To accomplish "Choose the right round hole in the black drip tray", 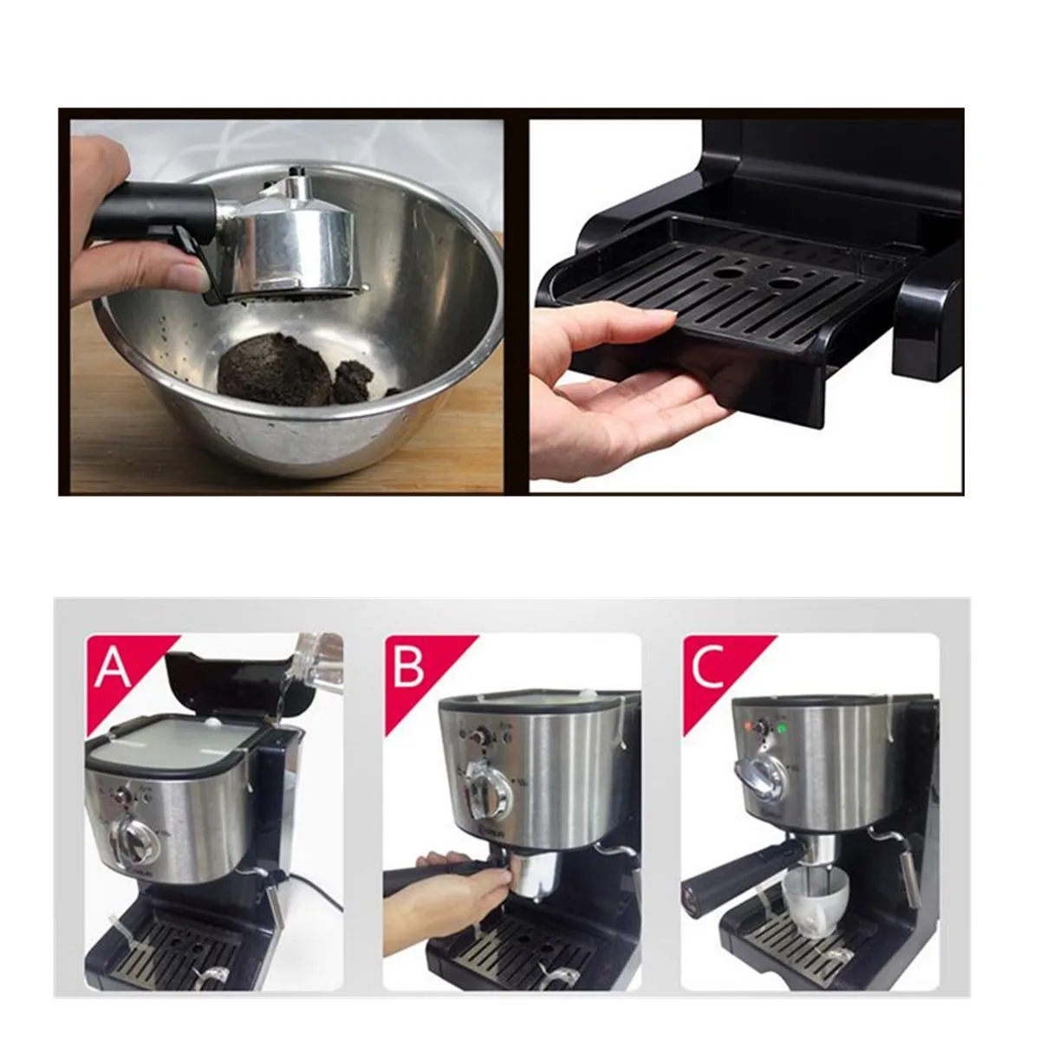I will (x=784, y=285).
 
